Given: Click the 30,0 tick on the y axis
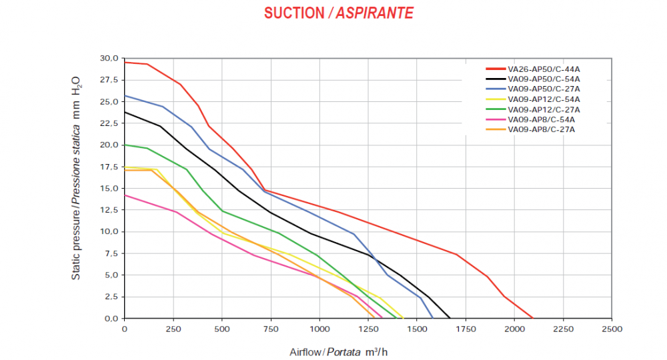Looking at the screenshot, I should pos(109,59).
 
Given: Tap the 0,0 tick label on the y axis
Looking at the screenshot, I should pos(111,318).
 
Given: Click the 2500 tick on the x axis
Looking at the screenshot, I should pos(612,329).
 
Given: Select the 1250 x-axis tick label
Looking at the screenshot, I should pos(368,329).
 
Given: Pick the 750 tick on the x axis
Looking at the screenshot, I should pos(271,329).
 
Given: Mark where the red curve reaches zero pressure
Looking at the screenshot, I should pos(532,318).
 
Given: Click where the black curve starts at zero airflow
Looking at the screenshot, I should pos(125,112).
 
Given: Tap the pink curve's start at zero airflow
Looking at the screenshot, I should pos(125,195).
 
